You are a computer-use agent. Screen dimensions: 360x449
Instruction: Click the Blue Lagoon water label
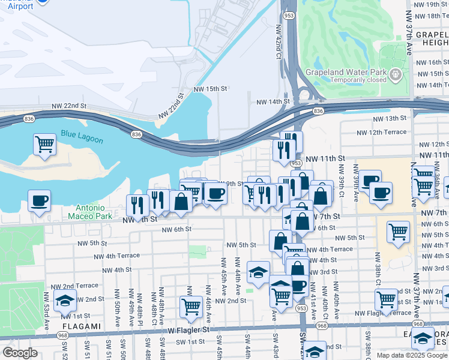81,137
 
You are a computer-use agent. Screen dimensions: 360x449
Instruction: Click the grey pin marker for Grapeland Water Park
396,75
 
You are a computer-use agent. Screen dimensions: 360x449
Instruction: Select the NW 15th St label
211,89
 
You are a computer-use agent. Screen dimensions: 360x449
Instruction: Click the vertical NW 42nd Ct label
279,42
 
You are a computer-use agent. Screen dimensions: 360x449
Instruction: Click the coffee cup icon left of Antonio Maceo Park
39,201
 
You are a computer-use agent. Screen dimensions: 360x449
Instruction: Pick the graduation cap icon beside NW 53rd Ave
65,301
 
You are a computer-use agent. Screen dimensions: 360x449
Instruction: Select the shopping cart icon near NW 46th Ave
191,307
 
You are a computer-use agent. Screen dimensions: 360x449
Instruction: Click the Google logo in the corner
20,353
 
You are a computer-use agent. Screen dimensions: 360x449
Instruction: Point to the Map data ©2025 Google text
411,355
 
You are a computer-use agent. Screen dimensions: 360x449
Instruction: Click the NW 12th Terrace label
381,132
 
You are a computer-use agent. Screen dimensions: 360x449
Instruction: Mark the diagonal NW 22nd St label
172,106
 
